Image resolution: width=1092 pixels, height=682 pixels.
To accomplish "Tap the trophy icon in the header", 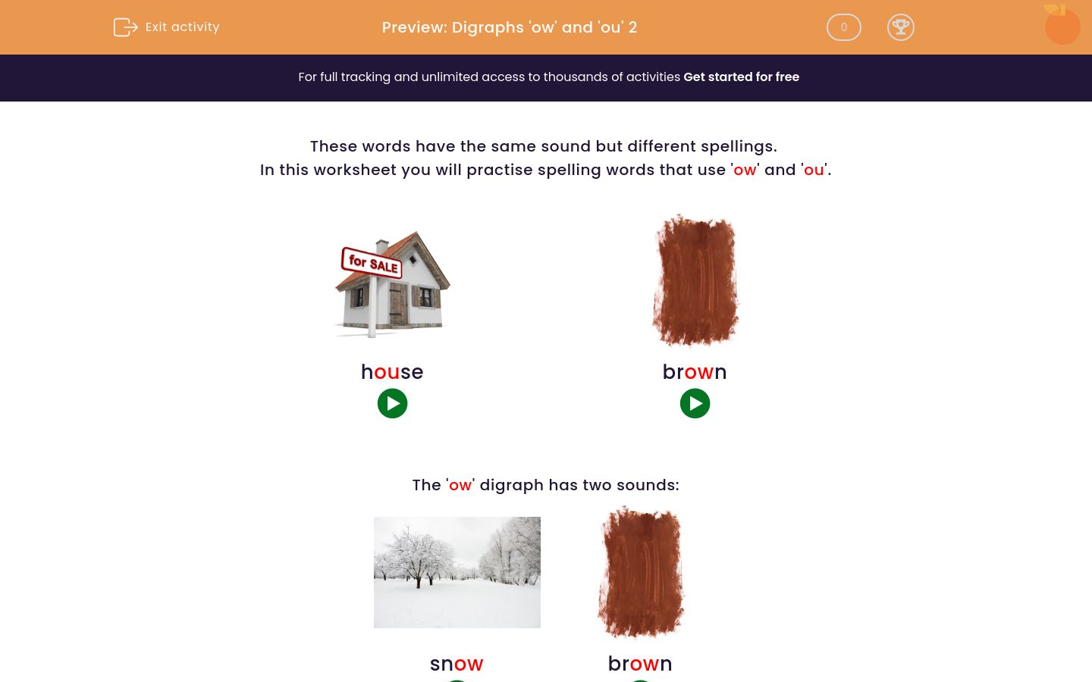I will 900,27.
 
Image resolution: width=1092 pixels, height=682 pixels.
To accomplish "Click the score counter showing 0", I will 843,27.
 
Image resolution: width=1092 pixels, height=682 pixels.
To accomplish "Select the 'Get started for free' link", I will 741,77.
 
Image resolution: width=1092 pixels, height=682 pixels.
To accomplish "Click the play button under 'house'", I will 392,404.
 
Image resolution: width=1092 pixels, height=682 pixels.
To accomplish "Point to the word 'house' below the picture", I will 392,372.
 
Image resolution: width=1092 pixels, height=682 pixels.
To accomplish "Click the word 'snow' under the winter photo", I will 457,664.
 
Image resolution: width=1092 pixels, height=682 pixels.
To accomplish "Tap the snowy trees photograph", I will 457,572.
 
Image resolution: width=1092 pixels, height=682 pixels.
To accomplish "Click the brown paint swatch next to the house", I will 695,280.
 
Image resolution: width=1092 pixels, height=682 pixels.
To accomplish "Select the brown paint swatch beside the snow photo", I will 641,572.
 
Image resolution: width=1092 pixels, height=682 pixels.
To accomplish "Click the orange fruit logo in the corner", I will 1062,26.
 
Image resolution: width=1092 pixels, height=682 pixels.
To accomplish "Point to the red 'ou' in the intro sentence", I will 814,170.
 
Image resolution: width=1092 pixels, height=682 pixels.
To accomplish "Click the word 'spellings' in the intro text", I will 738,147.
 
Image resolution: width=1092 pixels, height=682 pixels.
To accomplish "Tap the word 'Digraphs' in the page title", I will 488,28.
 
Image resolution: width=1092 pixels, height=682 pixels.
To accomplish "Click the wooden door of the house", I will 398,303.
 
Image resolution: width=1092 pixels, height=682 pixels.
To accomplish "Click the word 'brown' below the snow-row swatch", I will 640,664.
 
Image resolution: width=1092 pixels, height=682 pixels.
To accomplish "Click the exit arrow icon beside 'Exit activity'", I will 125,27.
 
